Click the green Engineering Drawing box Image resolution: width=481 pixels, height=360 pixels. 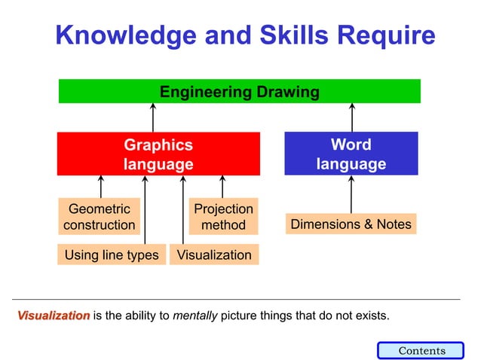tap(240, 92)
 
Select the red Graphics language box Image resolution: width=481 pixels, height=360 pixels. tap(158, 154)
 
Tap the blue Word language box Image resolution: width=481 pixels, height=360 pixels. tap(351, 154)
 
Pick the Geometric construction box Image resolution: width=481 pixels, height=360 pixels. tap(100, 216)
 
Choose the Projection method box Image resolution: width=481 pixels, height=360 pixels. tap(223, 216)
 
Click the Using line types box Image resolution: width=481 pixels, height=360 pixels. tap(112, 255)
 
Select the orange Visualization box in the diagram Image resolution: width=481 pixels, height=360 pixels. tap(214, 255)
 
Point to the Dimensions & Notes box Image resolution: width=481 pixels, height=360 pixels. tap(351, 224)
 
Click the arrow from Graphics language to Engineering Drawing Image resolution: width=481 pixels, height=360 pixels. tap(153, 117)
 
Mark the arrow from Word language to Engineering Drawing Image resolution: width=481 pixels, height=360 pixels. tap(351, 117)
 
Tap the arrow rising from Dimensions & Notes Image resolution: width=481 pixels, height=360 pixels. tap(351, 194)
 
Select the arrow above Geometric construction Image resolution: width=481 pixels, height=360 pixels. tap(100, 186)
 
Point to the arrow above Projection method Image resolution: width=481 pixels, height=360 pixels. tap(222, 186)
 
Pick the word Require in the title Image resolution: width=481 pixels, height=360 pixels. tap(385, 35)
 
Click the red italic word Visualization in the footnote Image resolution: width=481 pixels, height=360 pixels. tap(54, 316)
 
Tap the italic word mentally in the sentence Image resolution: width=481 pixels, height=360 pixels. tap(195, 316)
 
